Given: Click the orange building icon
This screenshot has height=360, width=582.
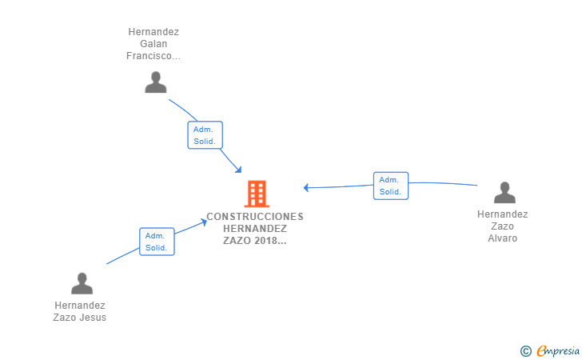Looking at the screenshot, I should click(257, 194).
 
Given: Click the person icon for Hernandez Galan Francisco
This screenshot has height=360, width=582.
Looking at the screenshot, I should click(156, 82).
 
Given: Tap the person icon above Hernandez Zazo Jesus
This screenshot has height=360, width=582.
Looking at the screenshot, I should click(82, 283).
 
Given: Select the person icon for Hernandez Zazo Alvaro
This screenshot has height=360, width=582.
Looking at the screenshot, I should click(504, 193).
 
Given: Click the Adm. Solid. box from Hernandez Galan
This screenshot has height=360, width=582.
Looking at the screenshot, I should click(205, 135).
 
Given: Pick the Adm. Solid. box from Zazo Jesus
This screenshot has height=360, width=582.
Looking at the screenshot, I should click(157, 242).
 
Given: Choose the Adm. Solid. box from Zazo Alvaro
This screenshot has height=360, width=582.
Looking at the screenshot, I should click(391, 186).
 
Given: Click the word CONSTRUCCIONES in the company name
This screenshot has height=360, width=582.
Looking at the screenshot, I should click(255, 216).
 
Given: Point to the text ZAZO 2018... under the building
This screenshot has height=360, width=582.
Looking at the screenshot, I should click(255, 240).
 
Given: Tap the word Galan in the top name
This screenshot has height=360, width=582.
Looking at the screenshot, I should click(153, 44).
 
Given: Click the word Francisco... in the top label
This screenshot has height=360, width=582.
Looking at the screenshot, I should click(153, 56).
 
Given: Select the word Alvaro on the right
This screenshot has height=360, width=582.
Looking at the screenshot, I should click(503, 238).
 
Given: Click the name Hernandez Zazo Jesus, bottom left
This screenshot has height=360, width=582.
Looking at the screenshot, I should click(80, 311).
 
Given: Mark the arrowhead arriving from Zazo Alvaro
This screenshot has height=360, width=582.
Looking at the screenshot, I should click(306, 188).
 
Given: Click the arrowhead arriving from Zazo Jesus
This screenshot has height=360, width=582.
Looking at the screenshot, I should click(205, 222).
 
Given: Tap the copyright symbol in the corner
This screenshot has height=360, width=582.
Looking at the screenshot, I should click(525, 350).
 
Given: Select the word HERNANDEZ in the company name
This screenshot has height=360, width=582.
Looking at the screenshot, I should click(255, 228).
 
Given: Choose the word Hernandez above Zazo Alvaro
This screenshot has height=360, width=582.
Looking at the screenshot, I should click(503, 214).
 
